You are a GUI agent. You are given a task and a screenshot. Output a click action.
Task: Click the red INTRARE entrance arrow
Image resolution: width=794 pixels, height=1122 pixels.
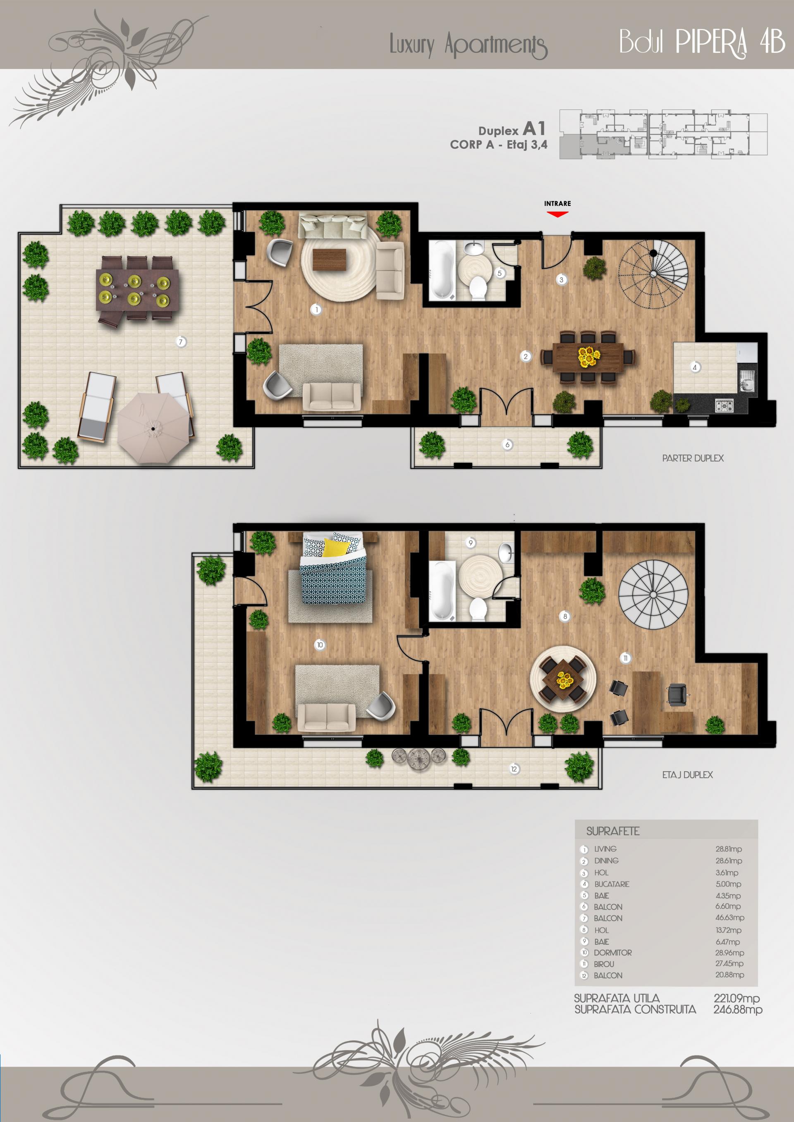coord(557,214)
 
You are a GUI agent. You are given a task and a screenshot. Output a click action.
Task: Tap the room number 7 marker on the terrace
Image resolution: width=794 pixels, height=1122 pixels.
coord(181,342)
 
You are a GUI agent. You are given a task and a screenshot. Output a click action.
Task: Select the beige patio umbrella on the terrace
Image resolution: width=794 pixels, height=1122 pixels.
coord(153,428)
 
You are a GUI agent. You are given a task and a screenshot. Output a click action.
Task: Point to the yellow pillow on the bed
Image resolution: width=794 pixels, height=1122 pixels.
coord(336,547)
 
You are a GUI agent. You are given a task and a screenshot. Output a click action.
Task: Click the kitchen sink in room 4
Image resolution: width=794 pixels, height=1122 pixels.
coord(746,381)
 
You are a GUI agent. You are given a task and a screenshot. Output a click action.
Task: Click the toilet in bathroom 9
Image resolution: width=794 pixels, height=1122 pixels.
coord(478,609)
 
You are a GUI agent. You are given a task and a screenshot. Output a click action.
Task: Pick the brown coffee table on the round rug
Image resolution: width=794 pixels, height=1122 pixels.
coord(329,260)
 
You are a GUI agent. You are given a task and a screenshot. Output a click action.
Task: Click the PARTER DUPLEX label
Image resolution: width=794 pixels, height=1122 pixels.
coord(693,458)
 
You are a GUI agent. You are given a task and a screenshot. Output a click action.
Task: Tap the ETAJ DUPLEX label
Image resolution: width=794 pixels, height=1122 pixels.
coord(687,775)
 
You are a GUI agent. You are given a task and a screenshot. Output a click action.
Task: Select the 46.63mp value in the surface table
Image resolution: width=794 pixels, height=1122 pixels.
coord(729,918)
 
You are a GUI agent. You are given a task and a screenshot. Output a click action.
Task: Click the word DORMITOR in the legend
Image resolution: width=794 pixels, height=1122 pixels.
coord(612,953)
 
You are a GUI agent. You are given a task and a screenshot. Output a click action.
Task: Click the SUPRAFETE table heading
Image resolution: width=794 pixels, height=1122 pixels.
coord(612,831)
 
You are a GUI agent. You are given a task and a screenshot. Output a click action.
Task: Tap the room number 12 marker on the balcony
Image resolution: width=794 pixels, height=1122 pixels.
coord(514,769)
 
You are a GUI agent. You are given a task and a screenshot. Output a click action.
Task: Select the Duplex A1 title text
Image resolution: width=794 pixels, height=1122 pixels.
coord(512,129)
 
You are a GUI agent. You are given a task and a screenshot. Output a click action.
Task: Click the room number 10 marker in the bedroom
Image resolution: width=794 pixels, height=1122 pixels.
coord(320,645)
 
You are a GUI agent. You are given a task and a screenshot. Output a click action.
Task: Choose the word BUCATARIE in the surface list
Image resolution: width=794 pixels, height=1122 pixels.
coord(612,884)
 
